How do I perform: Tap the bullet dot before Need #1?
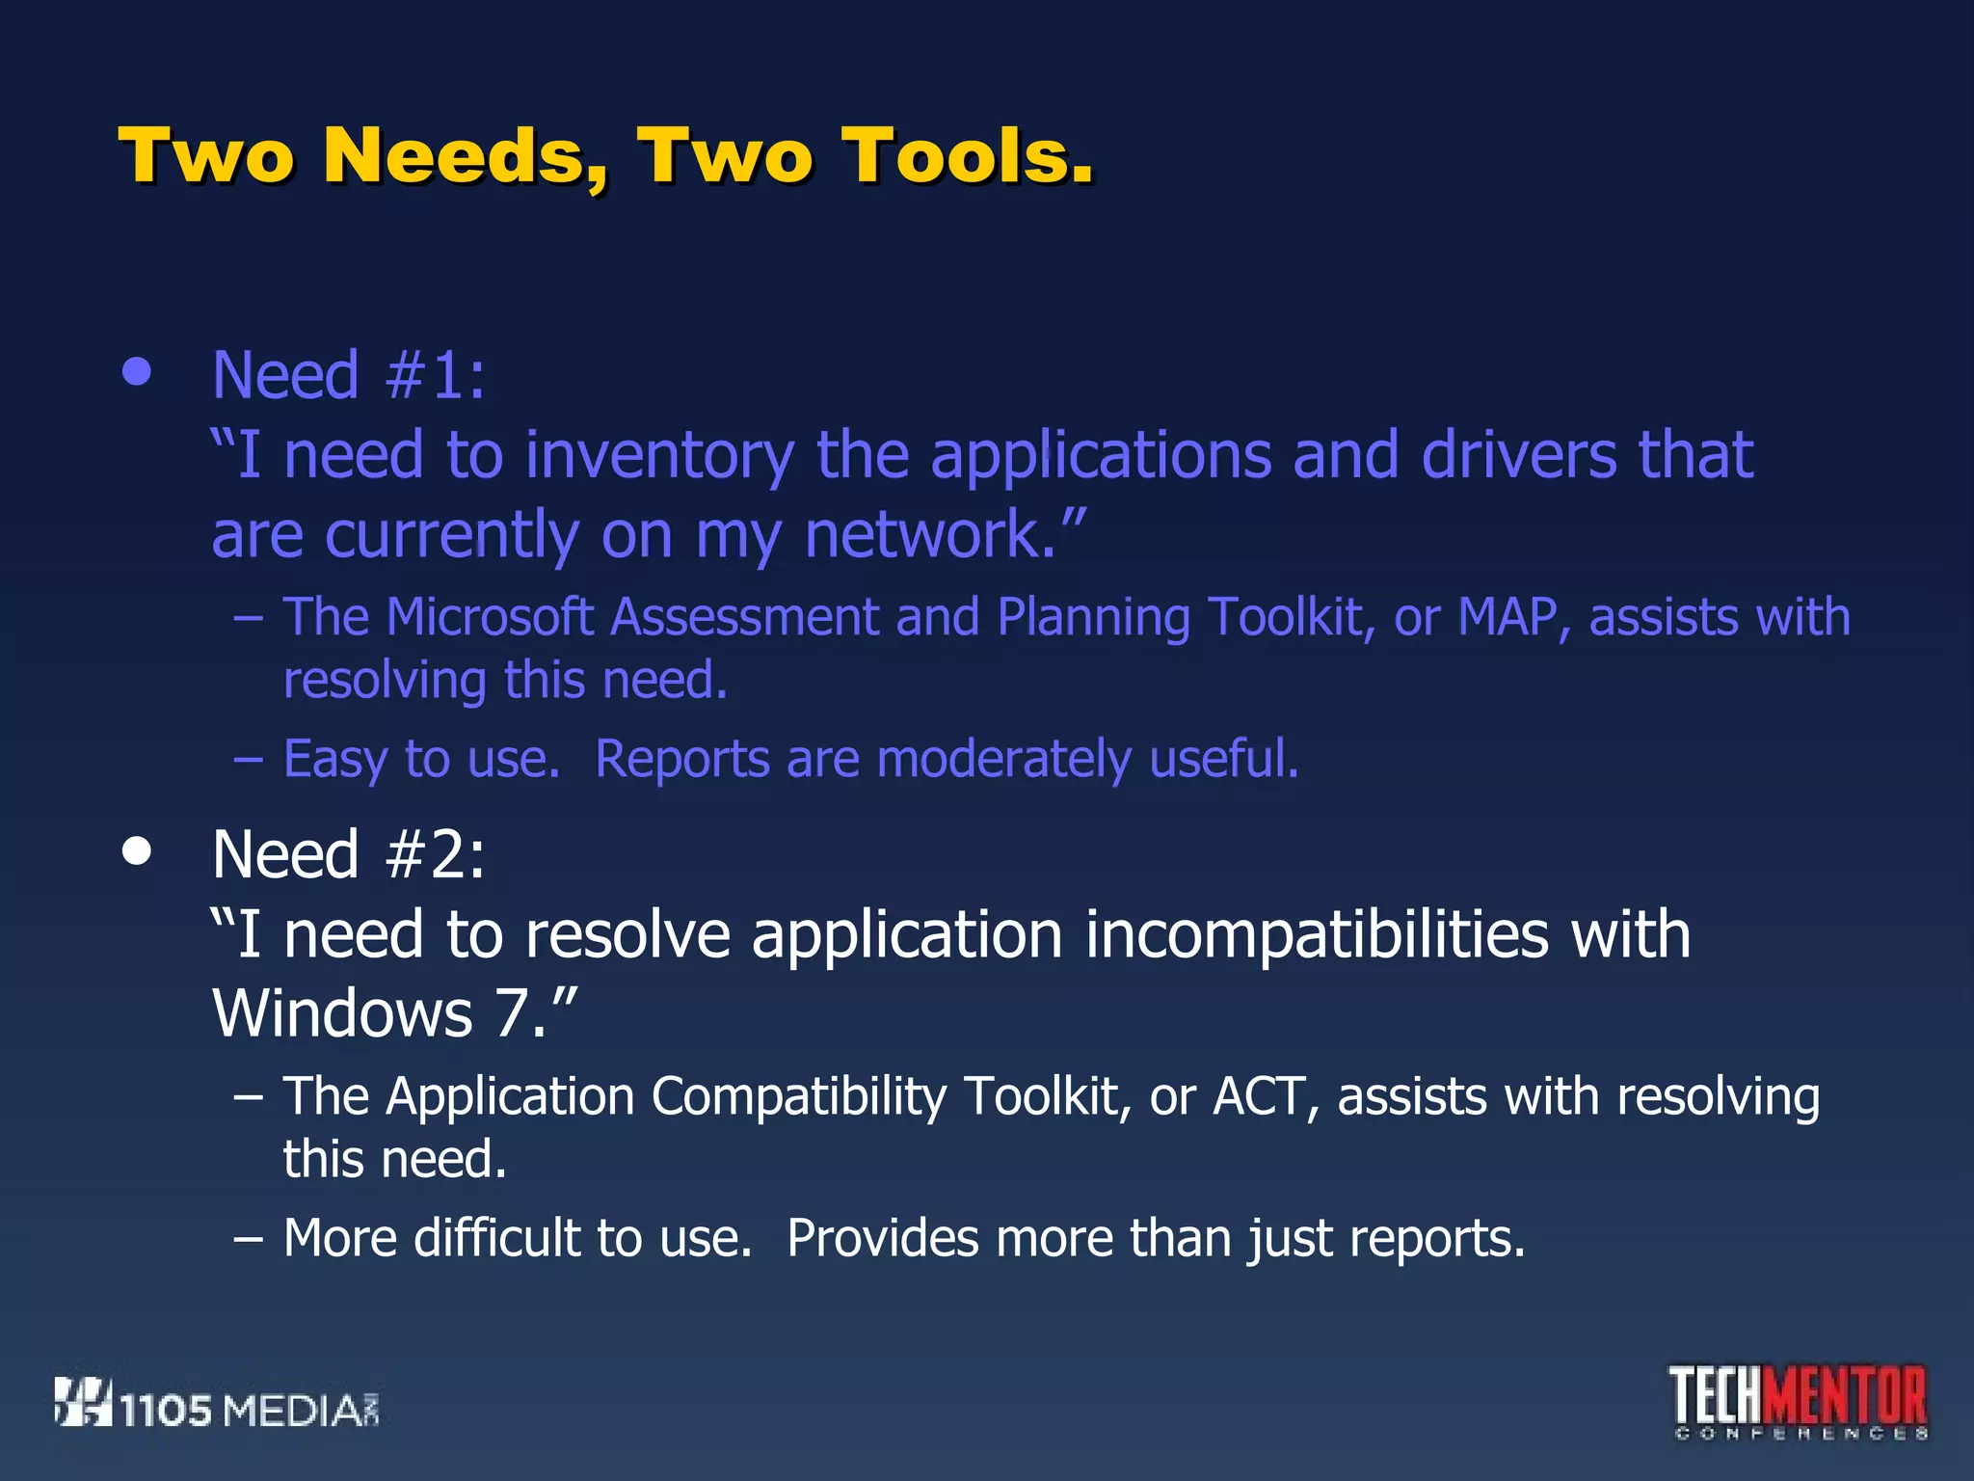(138, 372)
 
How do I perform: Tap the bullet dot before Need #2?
(138, 851)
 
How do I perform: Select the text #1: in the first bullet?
(435, 375)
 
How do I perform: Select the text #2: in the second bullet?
(435, 854)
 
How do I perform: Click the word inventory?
(659, 455)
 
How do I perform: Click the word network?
(929, 535)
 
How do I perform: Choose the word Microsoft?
(490, 617)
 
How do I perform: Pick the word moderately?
(1003, 759)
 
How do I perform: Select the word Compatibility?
(799, 1097)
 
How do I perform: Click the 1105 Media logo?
(217, 1404)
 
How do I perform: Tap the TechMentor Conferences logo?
(1799, 1402)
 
